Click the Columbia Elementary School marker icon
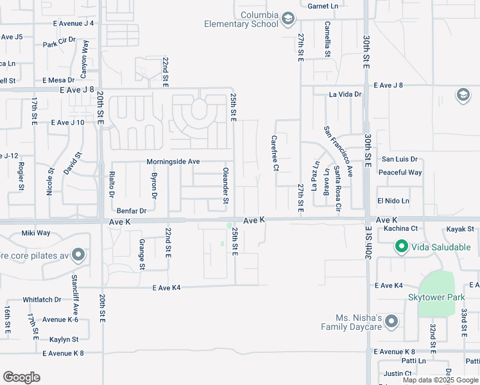[x=287, y=18]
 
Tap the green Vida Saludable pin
[x=402, y=246]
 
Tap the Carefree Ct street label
[x=275, y=153]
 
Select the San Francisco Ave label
[x=338, y=151]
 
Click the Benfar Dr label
[x=132, y=210]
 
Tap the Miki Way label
[x=36, y=233]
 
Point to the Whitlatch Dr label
[x=42, y=300]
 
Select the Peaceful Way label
[x=400, y=173]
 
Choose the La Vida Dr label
[x=345, y=94]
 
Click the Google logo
[x=21, y=377]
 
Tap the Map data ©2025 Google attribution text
[x=440, y=380]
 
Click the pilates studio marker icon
[x=78, y=255]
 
